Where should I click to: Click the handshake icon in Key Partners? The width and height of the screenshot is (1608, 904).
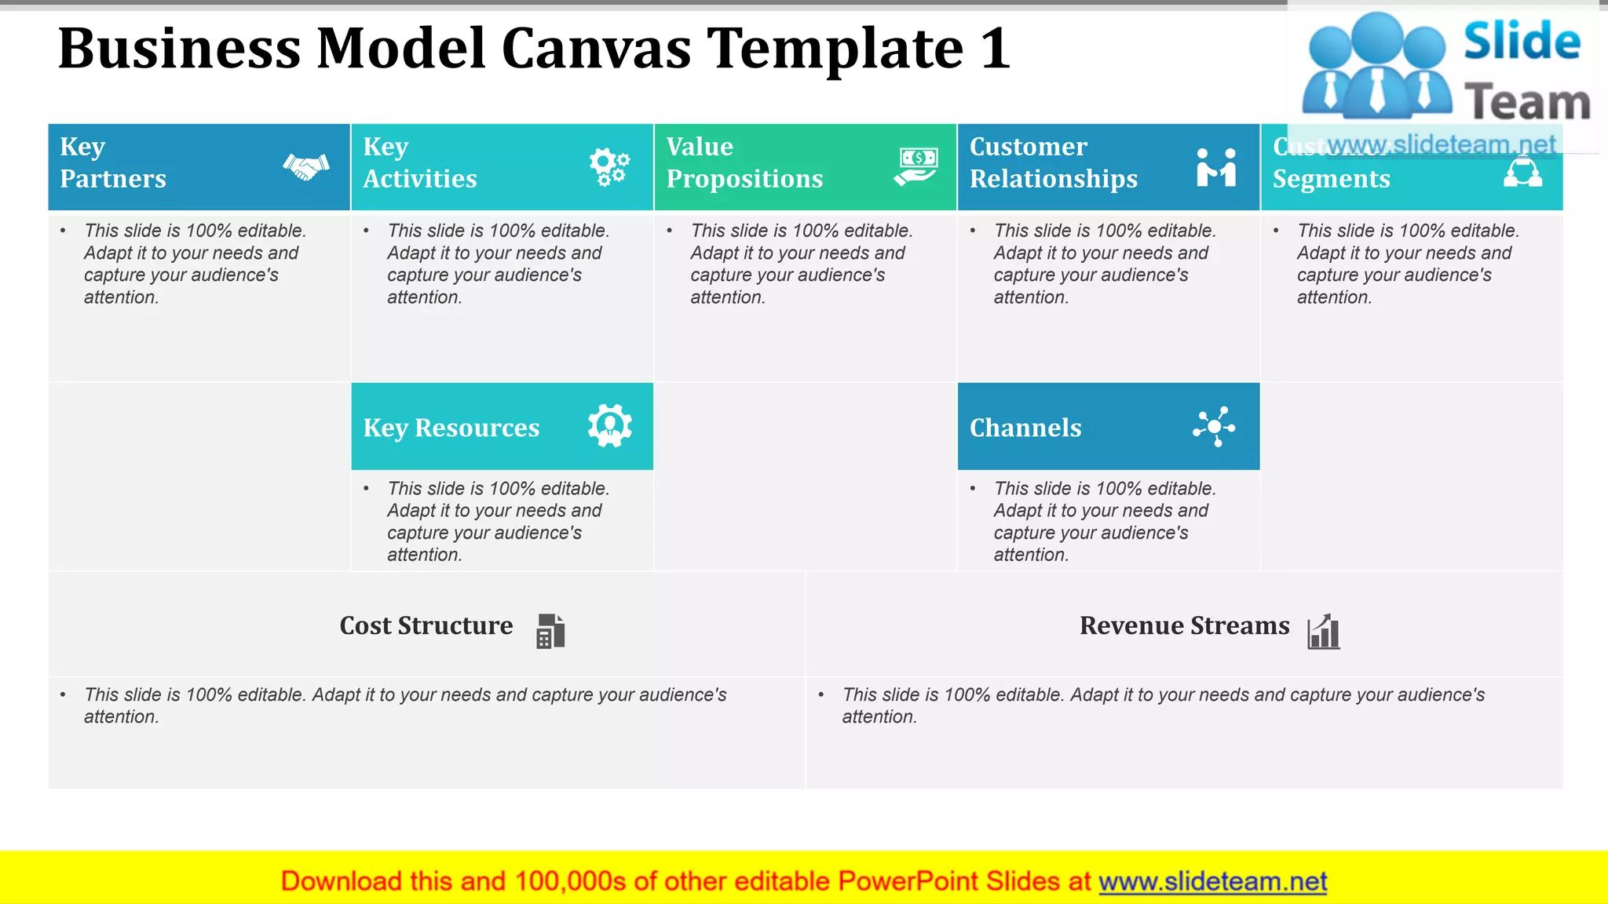click(306, 166)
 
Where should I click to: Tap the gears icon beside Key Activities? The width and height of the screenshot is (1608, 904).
click(609, 166)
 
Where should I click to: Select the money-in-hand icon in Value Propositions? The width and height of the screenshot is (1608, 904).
click(915, 166)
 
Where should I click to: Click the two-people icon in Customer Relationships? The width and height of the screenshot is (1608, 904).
click(1216, 166)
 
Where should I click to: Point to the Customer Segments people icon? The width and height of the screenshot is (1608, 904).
click(1522, 172)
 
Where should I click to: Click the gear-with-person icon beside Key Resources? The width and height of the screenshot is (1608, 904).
click(610, 426)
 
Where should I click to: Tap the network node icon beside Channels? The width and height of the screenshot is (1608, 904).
click(1214, 427)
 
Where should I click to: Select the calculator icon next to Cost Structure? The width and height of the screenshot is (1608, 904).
click(550, 631)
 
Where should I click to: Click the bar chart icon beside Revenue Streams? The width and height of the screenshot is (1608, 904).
click(1324, 631)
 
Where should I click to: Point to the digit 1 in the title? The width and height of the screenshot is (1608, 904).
click(995, 49)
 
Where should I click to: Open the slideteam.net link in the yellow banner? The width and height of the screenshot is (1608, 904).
click(1212, 882)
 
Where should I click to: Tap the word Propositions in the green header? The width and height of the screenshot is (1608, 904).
click(744, 179)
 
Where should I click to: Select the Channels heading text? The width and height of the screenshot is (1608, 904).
click(1025, 428)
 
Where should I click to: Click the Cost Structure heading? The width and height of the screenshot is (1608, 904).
click(426, 625)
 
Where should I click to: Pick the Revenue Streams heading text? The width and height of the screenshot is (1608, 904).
click(1184, 625)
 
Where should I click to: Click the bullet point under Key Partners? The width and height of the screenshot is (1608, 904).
click(63, 231)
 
